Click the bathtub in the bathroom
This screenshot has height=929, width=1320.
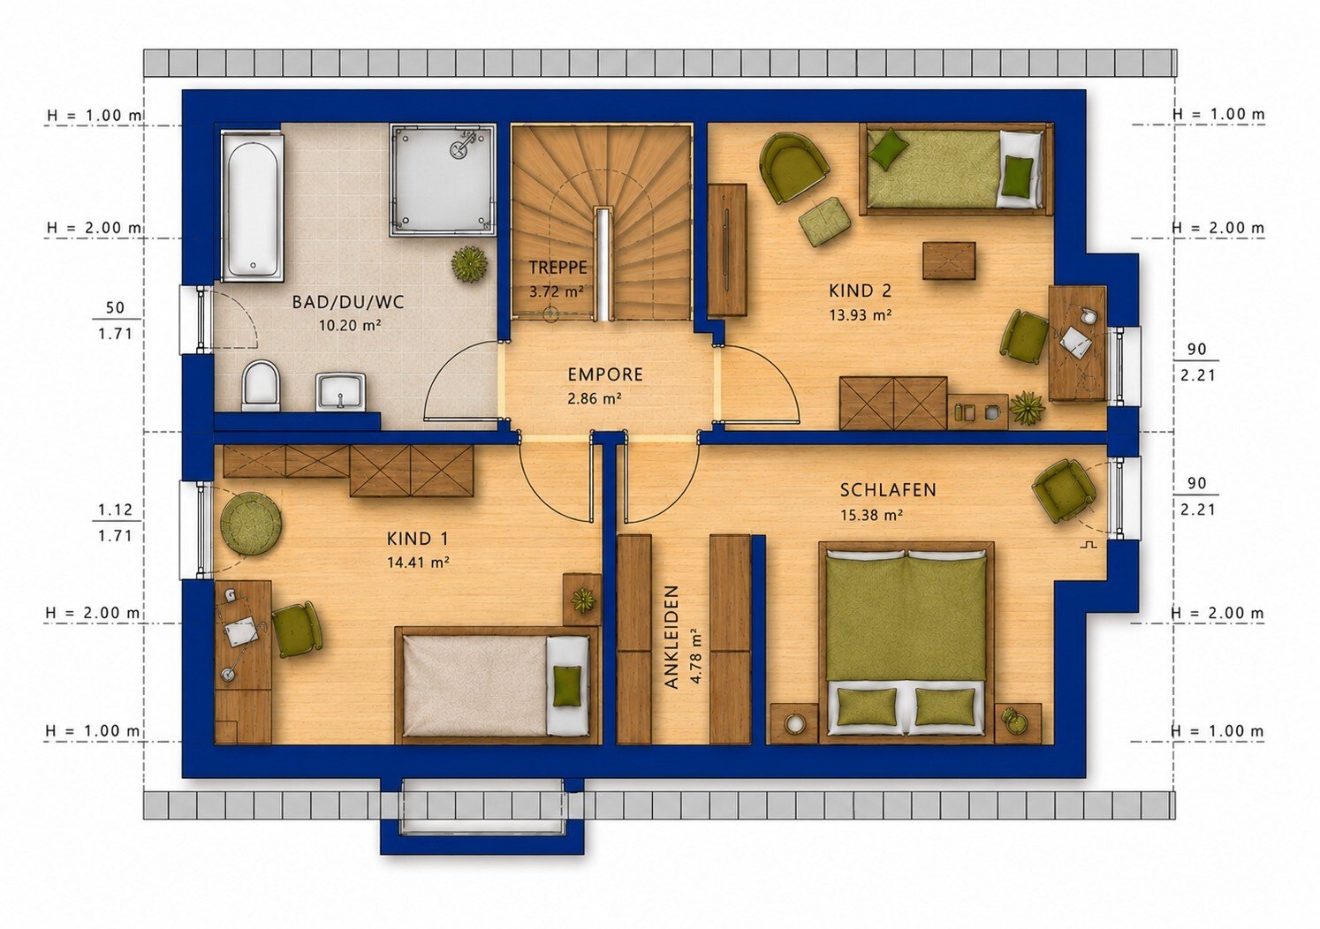click(252, 205)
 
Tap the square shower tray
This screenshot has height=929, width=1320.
click(443, 179)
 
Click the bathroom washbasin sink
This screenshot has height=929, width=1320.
click(340, 391)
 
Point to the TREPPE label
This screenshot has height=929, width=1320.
click(558, 268)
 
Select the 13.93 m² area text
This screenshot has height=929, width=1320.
click(860, 315)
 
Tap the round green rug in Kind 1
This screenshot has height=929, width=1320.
click(251, 523)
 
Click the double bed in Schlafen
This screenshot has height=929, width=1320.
click(907, 643)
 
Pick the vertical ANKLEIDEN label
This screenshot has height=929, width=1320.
click(671, 637)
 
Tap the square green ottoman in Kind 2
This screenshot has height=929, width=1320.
click(824, 222)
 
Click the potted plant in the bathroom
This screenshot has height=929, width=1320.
click(470, 265)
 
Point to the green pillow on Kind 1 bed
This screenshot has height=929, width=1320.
click(567, 685)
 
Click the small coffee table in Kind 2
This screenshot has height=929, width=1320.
click(949, 261)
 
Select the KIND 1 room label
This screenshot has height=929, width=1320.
click(418, 539)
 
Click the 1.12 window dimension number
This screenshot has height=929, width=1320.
click(115, 510)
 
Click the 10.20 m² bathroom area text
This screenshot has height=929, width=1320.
click(350, 325)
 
